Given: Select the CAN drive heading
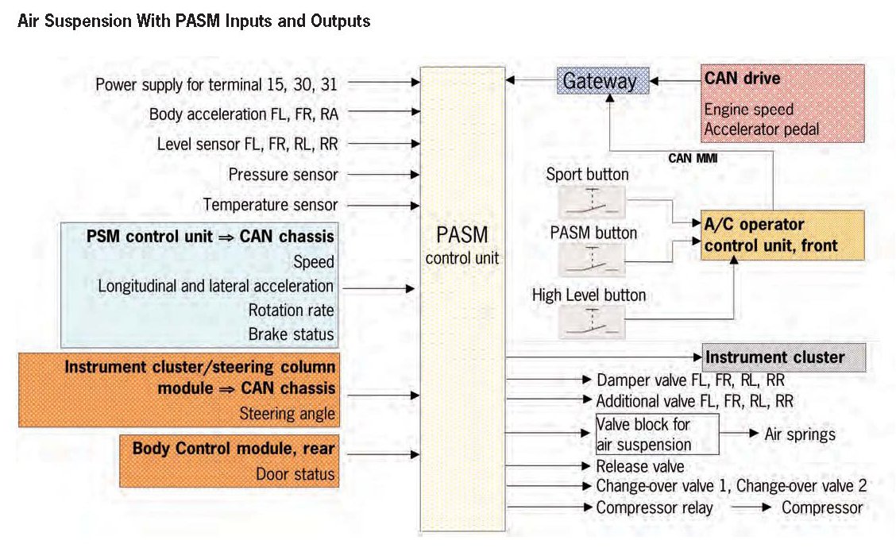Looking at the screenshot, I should pyautogui.click(x=742, y=79).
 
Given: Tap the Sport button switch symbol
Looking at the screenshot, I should pyautogui.click(x=591, y=203).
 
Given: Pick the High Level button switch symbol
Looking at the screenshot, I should pyautogui.click(x=591, y=322).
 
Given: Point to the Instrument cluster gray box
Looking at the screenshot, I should pyautogui.click(x=774, y=357).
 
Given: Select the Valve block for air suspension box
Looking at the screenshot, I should pyautogui.click(x=656, y=434).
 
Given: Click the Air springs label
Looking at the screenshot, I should pyautogui.click(x=799, y=434).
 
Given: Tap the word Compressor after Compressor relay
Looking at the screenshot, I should pyautogui.click(x=822, y=507).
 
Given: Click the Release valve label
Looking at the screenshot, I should pyautogui.click(x=639, y=466).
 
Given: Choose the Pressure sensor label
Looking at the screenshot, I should pyautogui.click(x=283, y=175).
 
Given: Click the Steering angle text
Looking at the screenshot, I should pyautogui.click(x=287, y=414).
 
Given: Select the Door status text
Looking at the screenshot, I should pyautogui.click(x=295, y=475).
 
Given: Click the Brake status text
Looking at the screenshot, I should pyautogui.click(x=291, y=334).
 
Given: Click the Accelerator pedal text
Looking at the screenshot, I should pyautogui.click(x=760, y=128).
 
